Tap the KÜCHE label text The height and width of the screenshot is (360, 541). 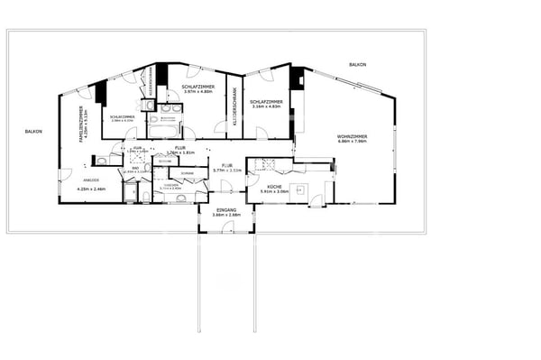point(273,185)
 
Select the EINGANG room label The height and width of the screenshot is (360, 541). point(226,209)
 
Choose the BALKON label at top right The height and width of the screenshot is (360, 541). point(359,65)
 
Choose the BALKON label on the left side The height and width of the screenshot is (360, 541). point(34,131)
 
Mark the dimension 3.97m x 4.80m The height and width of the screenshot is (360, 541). point(197,92)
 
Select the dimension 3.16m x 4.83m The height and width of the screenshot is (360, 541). point(267,107)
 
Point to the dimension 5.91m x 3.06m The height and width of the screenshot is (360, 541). point(273,191)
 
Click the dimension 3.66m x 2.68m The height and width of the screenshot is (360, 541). point(226,215)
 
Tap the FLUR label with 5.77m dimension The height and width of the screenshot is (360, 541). point(227,165)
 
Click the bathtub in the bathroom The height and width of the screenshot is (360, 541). point(163,133)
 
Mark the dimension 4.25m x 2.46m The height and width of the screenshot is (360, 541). point(91,189)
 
